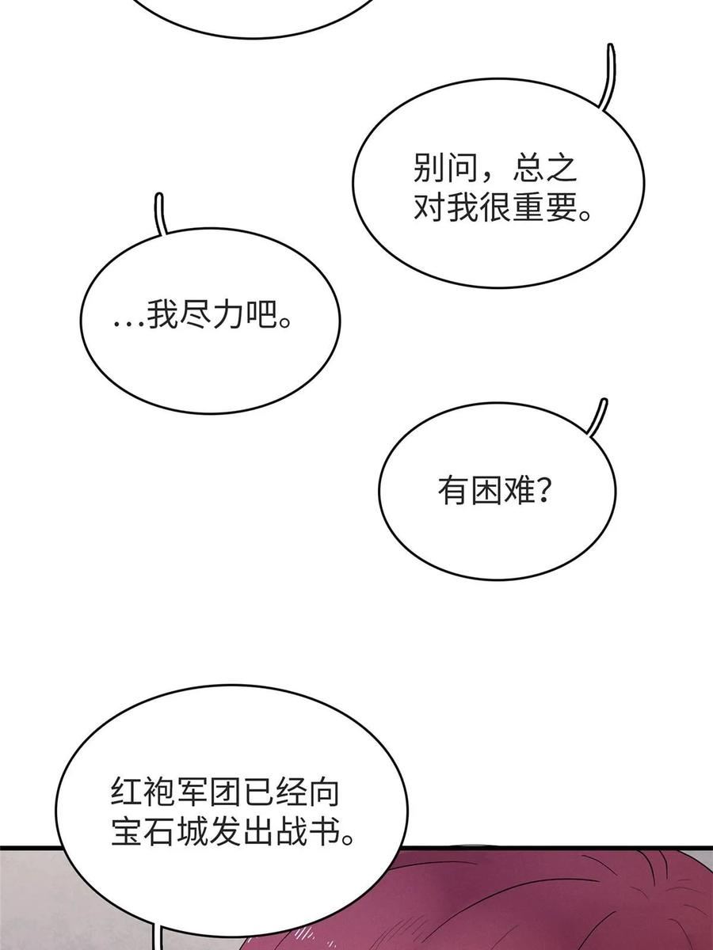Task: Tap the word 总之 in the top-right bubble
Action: (x=545, y=169)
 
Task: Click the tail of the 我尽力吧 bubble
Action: (x=160, y=214)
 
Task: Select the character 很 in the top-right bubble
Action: (x=496, y=207)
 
